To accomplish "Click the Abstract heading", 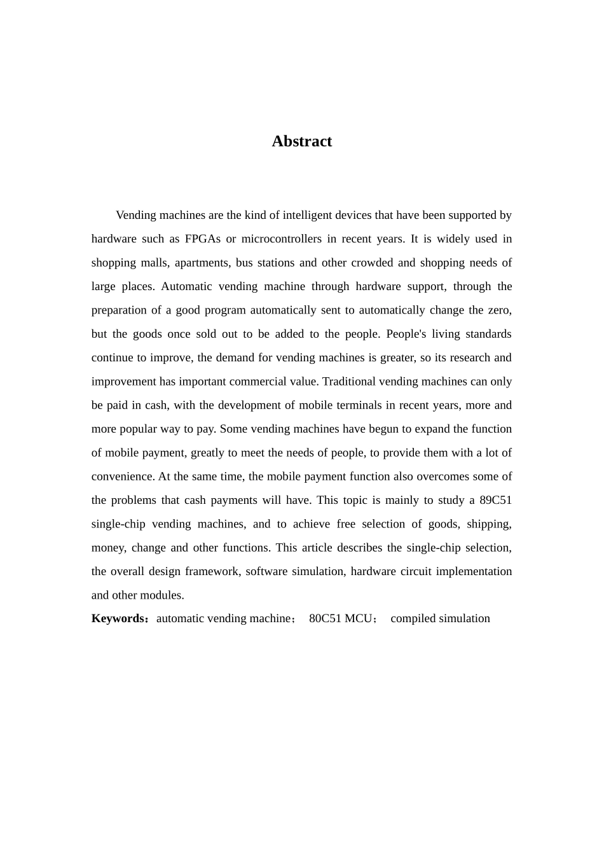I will point(301,141).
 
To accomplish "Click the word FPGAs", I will point(202,239).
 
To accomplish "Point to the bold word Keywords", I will point(118,619).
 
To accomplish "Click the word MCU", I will point(359,619).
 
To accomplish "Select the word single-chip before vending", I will point(118,524).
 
